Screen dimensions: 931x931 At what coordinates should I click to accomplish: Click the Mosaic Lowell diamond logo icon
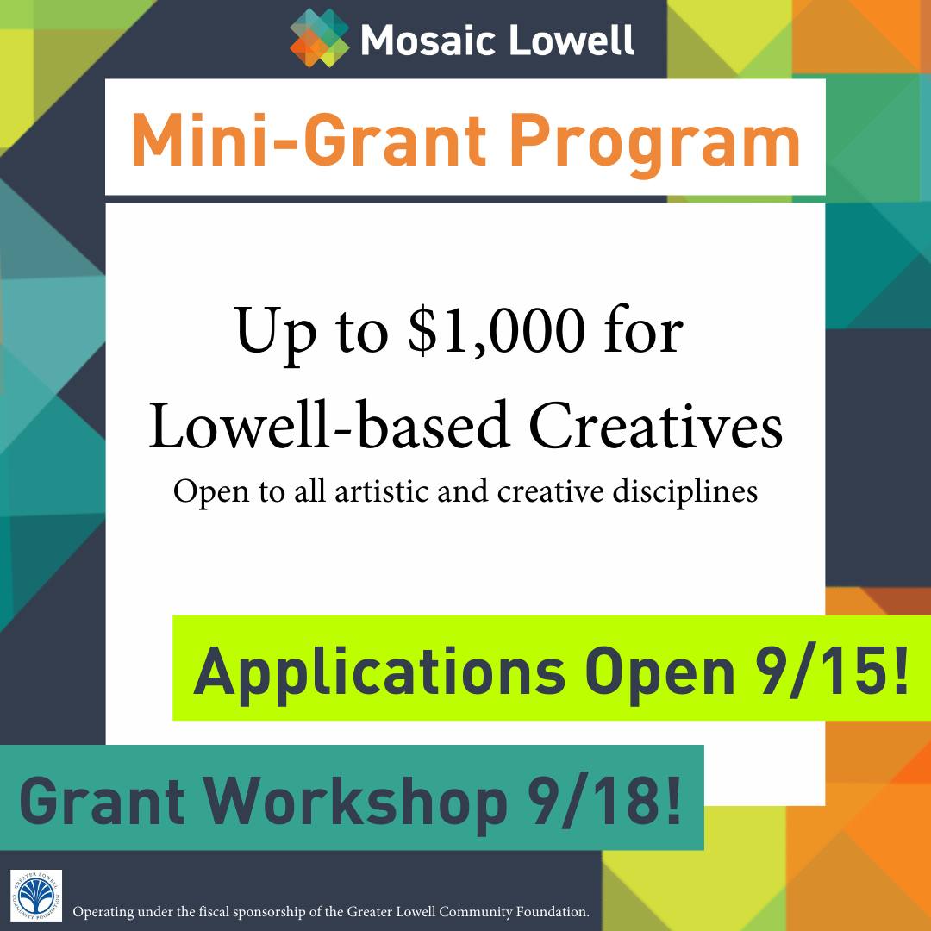pos(320,37)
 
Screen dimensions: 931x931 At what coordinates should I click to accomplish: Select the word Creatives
pos(656,427)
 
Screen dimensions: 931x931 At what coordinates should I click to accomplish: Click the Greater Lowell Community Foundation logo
pos(35,895)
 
